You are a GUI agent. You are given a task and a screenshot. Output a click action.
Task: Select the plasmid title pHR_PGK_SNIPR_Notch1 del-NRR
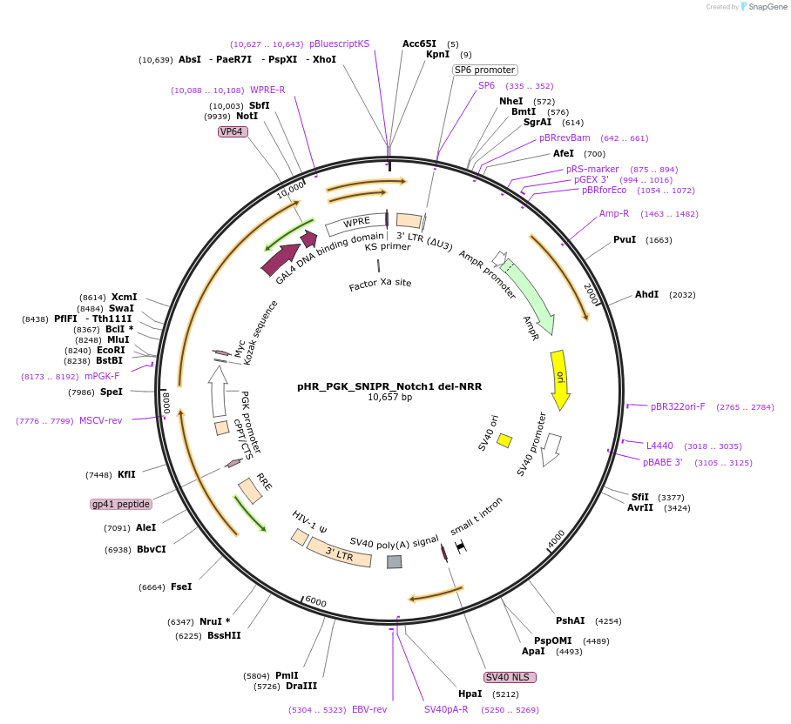point(389,386)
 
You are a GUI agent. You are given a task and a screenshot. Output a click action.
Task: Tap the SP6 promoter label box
point(485,70)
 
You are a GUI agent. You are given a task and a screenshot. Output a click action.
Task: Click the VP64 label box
point(233,131)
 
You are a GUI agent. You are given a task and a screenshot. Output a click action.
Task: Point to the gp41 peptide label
point(121,504)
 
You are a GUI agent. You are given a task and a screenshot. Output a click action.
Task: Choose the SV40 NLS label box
point(510,677)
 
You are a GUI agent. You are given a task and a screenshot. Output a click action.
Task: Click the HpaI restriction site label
point(470,694)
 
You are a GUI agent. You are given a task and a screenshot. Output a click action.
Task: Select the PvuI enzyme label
point(625,239)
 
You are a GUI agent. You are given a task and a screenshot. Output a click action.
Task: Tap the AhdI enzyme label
point(646,295)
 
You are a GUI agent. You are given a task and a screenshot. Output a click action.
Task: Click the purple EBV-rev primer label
point(369,710)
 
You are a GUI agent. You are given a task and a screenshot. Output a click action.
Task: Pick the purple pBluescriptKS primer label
point(340,44)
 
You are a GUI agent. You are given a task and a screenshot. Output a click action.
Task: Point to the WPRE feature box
point(355,225)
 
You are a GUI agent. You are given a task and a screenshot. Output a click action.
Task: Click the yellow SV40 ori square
point(504,440)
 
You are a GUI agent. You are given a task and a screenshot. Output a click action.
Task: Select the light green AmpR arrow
point(531,291)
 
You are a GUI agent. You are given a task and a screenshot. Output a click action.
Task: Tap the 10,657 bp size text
point(389,398)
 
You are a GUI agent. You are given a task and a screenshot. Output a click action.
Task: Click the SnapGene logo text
point(767,7)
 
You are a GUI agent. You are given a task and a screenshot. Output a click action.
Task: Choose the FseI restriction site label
point(181,587)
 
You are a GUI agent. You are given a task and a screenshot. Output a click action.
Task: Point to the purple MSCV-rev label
point(100,420)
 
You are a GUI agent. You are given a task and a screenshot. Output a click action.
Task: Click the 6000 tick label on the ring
point(315,602)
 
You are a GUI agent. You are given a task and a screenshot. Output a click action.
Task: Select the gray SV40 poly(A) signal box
point(395,562)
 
